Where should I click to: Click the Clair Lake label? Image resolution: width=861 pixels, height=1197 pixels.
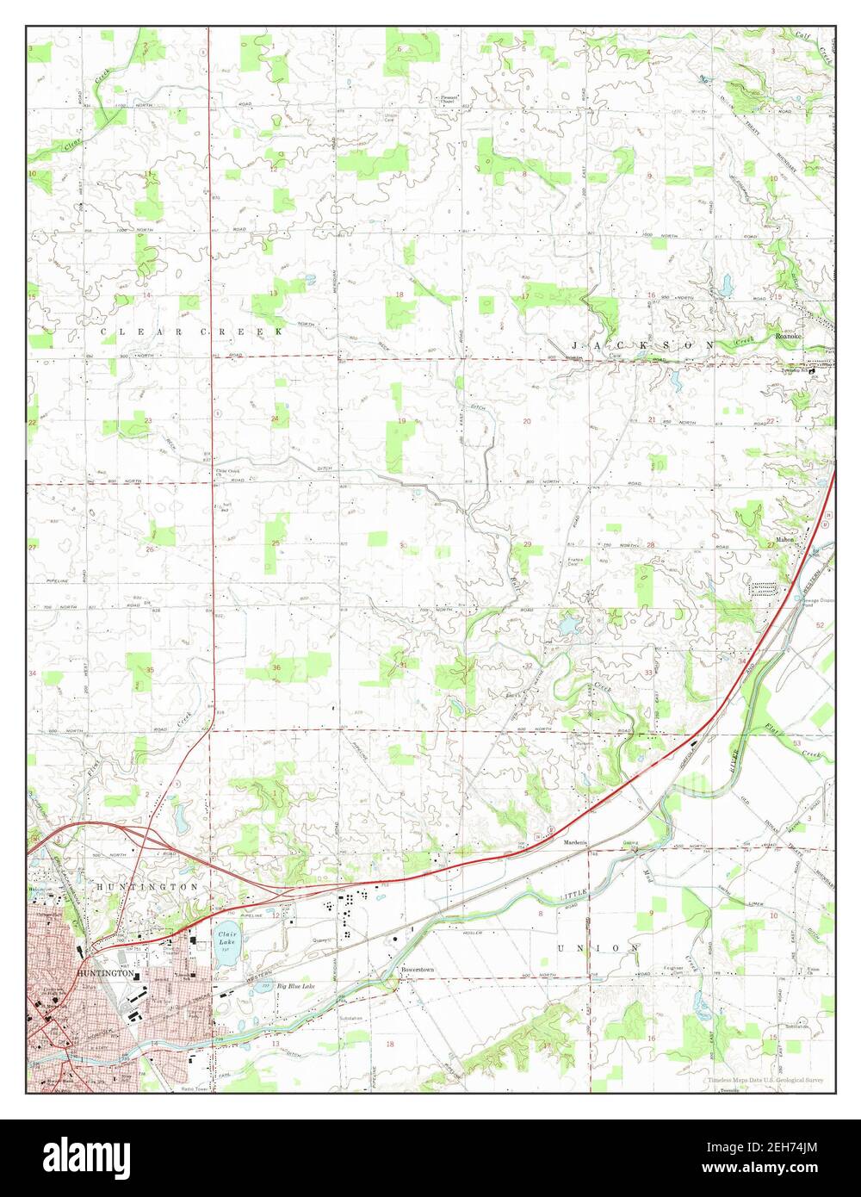(227, 938)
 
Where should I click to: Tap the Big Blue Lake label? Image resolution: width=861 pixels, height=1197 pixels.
(295, 986)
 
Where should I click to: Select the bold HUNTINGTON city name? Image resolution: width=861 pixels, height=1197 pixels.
(105, 973)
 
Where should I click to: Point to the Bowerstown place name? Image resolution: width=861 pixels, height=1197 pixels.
(417, 970)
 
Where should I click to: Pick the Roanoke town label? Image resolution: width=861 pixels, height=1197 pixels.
(790, 336)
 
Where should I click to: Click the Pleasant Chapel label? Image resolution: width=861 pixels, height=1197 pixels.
(449, 100)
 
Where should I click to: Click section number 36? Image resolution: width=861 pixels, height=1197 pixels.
(276, 668)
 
